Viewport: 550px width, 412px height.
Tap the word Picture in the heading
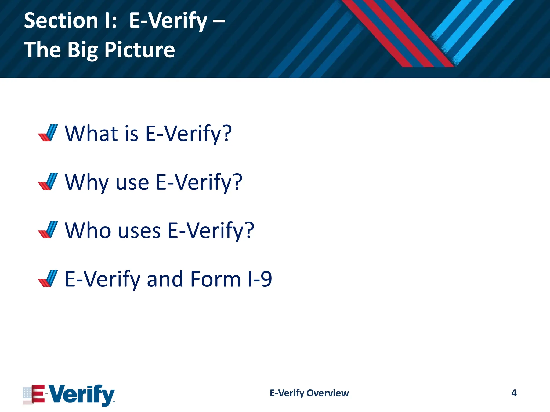point(140,50)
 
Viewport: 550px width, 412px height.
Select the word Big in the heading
point(83,50)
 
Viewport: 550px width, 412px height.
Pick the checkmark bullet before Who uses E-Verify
point(48,230)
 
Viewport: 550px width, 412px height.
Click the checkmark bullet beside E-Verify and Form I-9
point(48,278)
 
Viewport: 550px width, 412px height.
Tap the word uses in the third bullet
point(139,231)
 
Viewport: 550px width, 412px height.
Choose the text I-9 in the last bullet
point(259,279)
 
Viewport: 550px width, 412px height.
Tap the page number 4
point(514,393)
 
